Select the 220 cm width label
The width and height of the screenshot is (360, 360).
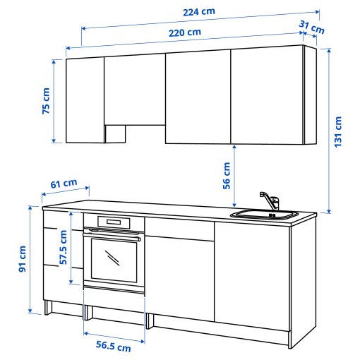[x=184, y=32]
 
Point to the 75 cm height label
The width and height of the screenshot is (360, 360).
[x=46, y=102]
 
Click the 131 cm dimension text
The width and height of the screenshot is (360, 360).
[x=340, y=131]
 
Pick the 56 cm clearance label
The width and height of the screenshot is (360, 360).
[x=227, y=176]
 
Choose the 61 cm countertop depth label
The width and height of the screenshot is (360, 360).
[x=64, y=184]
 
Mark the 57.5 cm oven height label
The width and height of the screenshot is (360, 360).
[x=64, y=247]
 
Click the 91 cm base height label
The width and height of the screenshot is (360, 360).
[x=23, y=259]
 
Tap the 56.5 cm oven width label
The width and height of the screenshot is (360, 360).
[x=114, y=347]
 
